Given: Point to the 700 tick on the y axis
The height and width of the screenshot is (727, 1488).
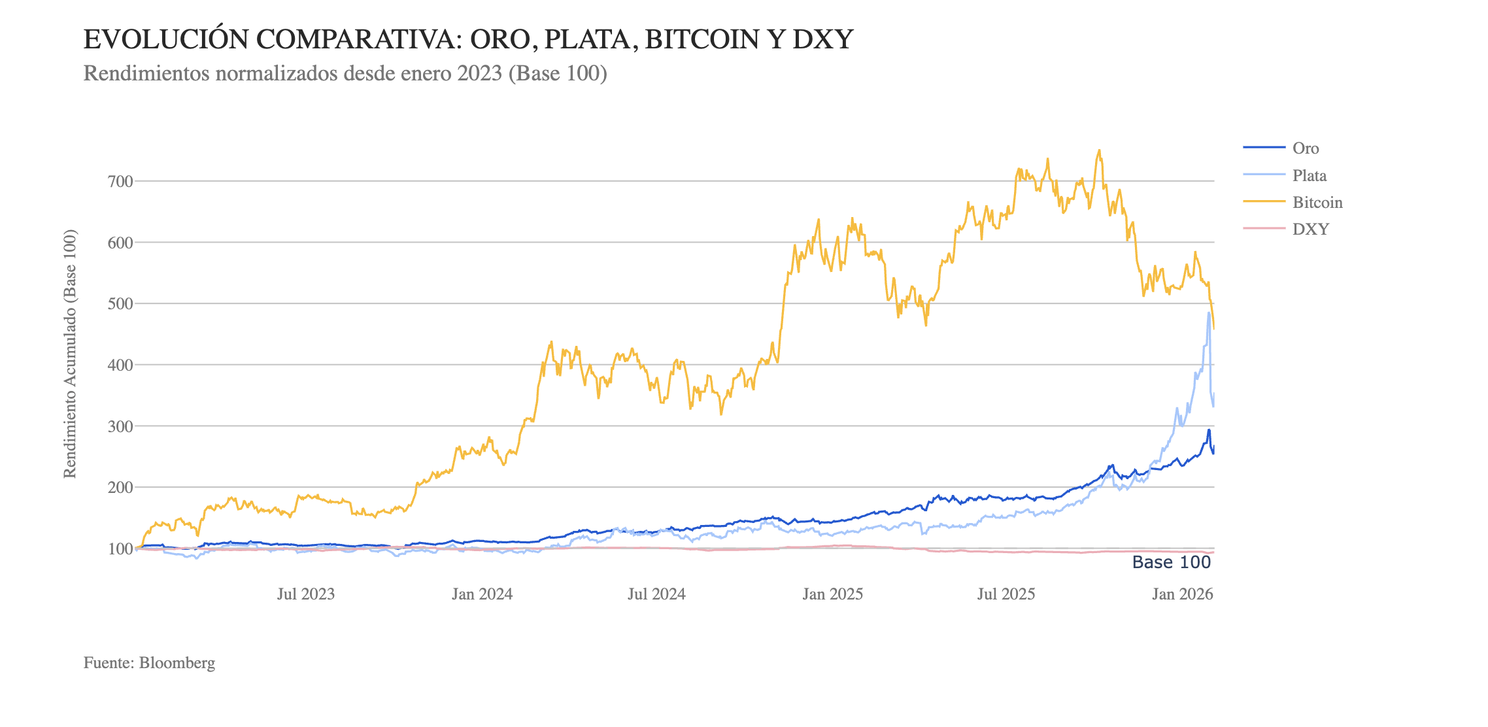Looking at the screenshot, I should (120, 181).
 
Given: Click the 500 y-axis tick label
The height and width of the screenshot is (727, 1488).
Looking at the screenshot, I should (120, 303).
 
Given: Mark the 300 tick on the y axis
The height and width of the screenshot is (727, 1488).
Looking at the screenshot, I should (120, 426).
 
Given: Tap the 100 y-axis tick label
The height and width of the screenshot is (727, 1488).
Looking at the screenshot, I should (120, 549).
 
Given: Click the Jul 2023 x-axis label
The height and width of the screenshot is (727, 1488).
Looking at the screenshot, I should (305, 594).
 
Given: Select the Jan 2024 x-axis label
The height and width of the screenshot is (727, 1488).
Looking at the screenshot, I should (482, 594).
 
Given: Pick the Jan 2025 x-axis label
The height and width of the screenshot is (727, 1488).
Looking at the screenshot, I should (832, 594).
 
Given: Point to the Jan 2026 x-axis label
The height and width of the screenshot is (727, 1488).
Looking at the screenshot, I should (1182, 594).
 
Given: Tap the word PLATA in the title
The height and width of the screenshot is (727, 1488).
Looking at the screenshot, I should (591, 40).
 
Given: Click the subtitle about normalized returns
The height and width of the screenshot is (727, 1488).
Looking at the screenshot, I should (345, 73).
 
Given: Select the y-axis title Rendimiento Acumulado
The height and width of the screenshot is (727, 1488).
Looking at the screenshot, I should (70, 354).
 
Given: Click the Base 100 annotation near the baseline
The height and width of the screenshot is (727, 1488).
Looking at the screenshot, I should (1171, 562).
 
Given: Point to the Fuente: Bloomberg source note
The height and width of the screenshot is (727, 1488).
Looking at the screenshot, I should (149, 663).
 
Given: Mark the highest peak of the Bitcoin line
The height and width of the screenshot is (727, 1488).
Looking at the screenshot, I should (1099, 150).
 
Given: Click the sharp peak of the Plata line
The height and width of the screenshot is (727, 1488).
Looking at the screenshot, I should (1209, 313).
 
